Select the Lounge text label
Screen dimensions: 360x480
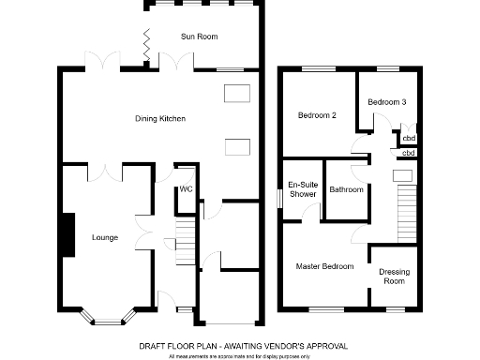click(104, 237)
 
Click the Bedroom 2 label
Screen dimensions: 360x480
click(317, 115)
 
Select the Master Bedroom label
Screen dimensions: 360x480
click(324, 267)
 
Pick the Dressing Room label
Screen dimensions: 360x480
click(393, 277)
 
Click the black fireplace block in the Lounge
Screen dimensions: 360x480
click(67, 233)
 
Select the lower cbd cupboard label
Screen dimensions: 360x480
click(408, 152)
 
